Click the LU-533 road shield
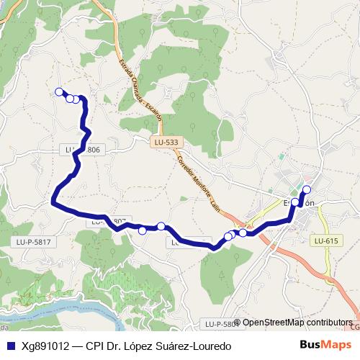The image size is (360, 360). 166,143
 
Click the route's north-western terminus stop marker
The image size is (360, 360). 60,91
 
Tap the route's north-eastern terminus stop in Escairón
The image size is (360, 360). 307,189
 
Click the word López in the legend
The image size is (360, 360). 143,346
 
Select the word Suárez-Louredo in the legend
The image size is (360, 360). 196,346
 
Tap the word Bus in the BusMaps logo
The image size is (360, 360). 311,346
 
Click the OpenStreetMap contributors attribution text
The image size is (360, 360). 297,323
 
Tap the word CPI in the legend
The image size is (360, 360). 96,346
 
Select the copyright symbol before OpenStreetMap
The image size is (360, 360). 238,323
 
